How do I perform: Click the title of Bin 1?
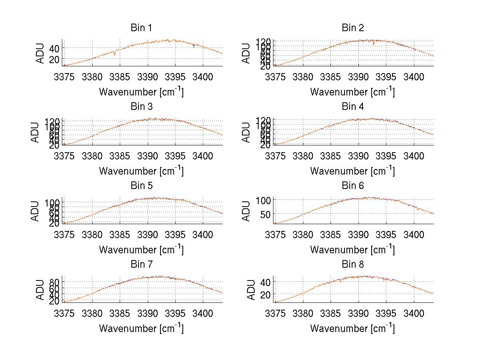click(x=141, y=28)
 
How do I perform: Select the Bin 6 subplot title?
click(x=353, y=186)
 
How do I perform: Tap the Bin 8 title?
click(x=353, y=265)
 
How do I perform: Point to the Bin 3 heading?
click(x=141, y=107)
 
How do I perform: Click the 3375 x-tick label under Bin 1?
click(x=64, y=77)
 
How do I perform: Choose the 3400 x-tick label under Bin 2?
click(x=414, y=77)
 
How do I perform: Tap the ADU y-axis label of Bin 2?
click(x=246, y=53)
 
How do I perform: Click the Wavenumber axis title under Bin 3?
click(x=141, y=171)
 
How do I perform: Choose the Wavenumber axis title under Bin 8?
click(x=352, y=328)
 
